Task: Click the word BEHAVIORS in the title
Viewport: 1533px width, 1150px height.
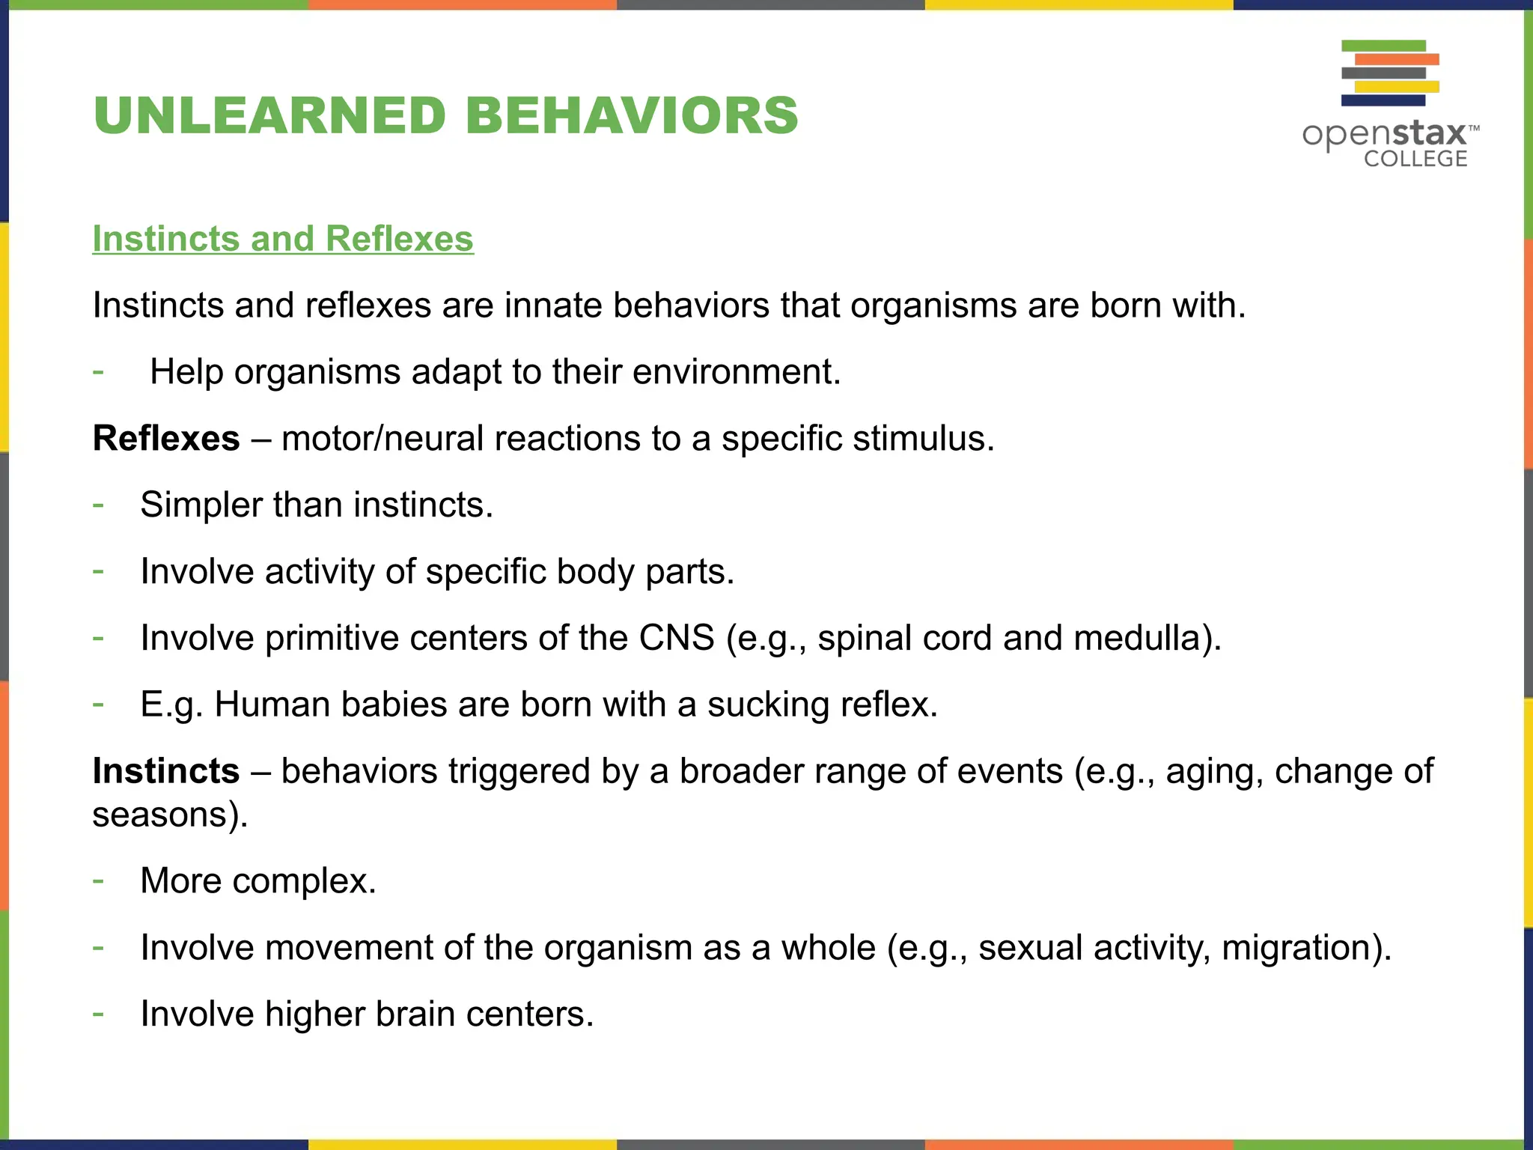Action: click(x=632, y=116)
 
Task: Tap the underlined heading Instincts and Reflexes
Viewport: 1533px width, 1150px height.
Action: click(x=283, y=239)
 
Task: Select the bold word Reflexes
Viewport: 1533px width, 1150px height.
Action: click(x=166, y=439)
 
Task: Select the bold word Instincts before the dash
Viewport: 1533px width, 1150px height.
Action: click(x=166, y=771)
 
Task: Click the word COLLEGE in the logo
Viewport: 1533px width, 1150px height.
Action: click(x=1415, y=159)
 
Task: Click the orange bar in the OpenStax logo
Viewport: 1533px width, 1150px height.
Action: click(x=1397, y=59)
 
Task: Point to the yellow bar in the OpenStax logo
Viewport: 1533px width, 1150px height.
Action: click(x=1397, y=87)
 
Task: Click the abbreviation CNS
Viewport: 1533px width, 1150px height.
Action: click(x=676, y=639)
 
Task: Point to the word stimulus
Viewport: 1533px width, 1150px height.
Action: click(x=922, y=439)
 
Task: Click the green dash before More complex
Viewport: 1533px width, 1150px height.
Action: click(x=98, y=880)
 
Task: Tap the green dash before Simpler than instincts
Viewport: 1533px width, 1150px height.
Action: click(x=98, y=505)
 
